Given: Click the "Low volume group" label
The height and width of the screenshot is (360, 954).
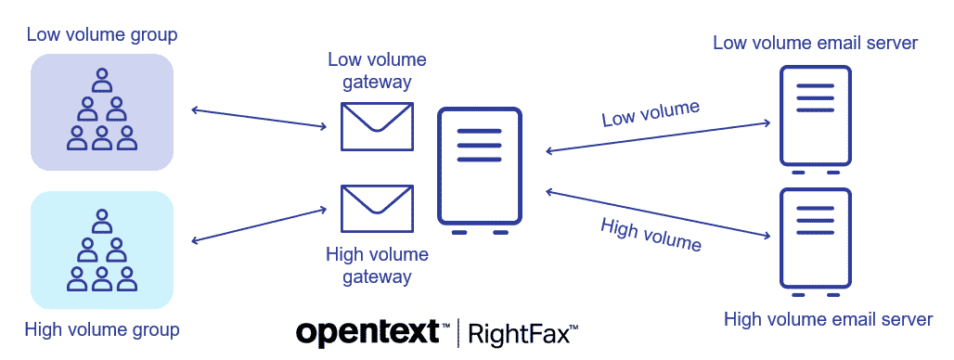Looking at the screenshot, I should tap(102, 35).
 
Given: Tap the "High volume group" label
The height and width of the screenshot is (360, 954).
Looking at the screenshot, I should tap(102, 329).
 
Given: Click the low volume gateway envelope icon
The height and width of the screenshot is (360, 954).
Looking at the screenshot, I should tap(377, 126).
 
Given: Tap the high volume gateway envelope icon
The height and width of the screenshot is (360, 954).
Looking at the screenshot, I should tap(377, 210).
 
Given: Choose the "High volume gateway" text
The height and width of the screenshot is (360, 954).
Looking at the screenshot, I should tap(377, 264).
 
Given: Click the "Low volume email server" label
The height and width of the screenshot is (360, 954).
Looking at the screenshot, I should tap(816, 43).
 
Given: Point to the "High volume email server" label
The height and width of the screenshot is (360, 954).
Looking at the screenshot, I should tap(828, 320).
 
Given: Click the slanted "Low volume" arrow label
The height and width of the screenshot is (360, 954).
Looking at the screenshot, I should tap(650, 113).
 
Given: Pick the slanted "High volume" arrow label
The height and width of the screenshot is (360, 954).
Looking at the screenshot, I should tap(651, 234).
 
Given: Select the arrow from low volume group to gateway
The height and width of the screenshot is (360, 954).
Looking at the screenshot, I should tap(261, 119).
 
